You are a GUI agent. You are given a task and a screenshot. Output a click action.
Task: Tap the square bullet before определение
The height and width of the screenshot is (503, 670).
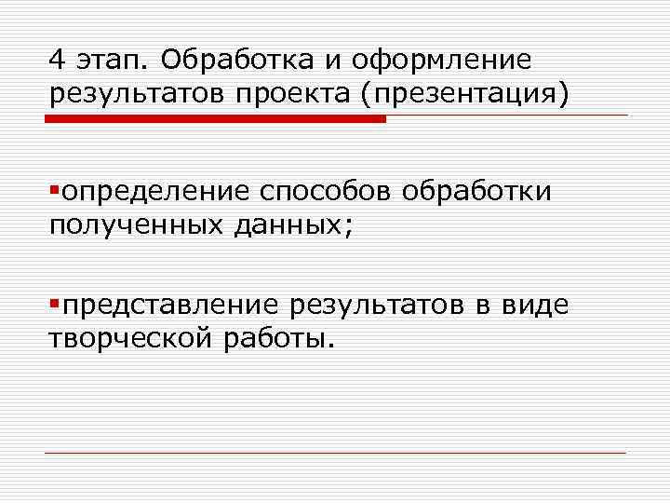coord(55,190)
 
